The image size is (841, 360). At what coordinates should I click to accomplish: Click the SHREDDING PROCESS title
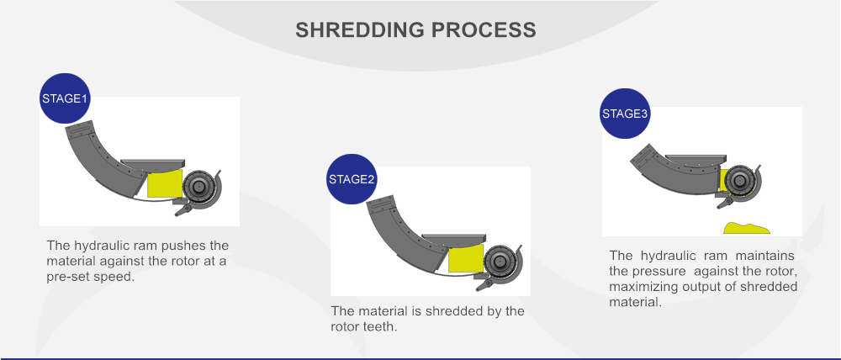click(415, 29)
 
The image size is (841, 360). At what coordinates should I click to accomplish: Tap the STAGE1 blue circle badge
click(65, 98)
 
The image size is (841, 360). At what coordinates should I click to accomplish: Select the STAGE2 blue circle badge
click(352, 179)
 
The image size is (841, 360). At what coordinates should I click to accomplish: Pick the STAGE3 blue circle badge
click(625, 114)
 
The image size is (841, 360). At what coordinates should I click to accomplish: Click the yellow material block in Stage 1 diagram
click(165, 184)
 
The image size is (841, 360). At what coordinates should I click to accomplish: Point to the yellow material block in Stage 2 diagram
click(466, 258)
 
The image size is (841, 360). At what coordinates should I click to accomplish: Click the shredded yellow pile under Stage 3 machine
click(747, 228)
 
